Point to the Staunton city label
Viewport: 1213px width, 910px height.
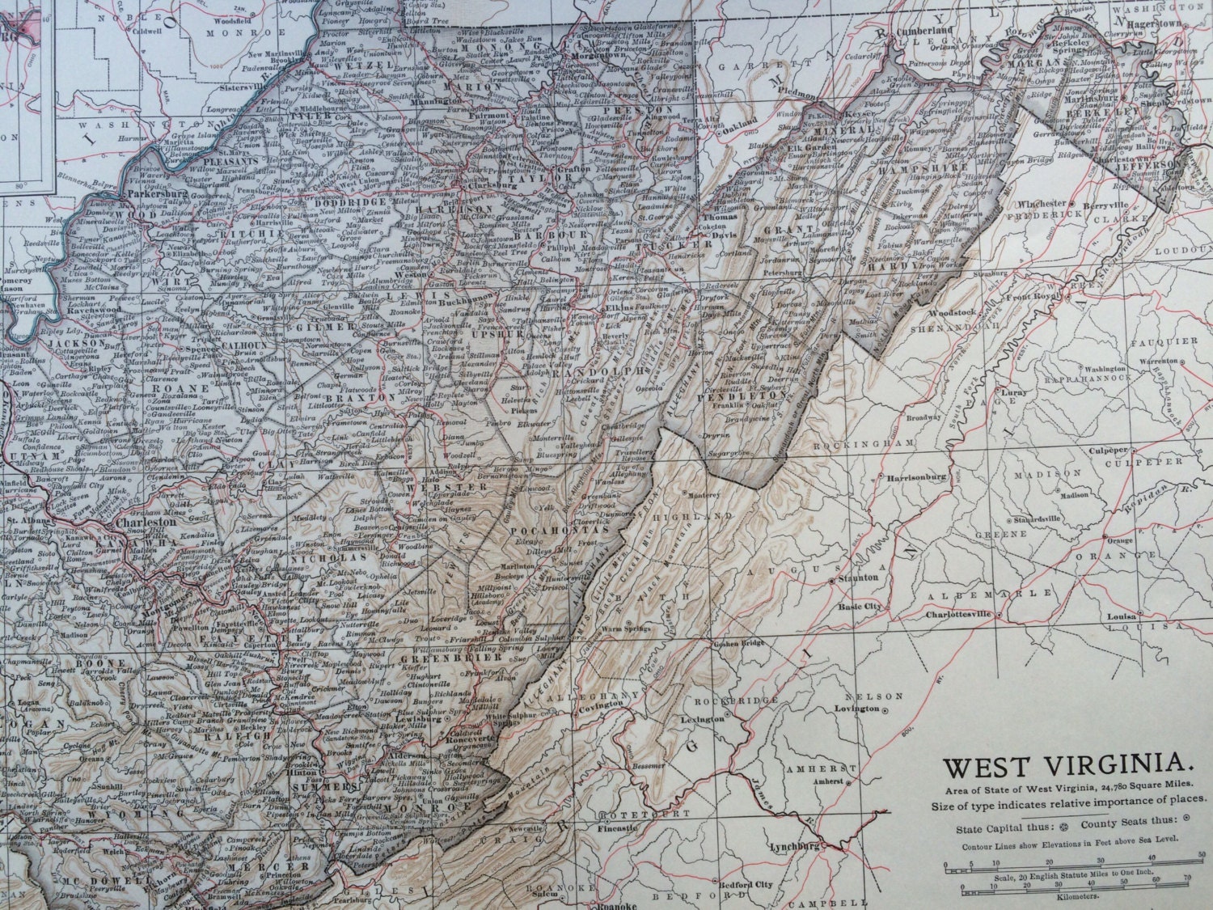coord(856,578)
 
